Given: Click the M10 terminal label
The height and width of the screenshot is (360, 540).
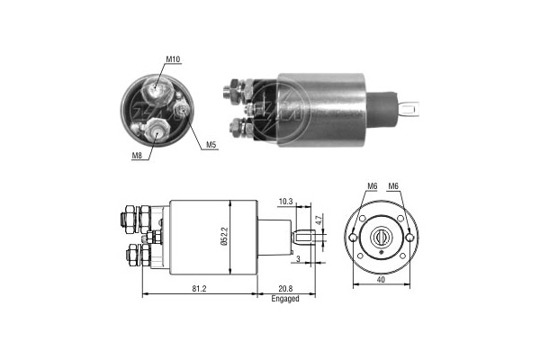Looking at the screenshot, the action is pyautogui.click(x=173, y=59).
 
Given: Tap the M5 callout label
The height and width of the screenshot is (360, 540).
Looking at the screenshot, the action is pyautogui.click(x=211, y=145).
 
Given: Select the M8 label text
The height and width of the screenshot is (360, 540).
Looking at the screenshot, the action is pyautogui.click(x=137, y=156).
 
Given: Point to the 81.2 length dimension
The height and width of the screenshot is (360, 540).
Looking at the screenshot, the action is pyautogui.click(x=199, y=289).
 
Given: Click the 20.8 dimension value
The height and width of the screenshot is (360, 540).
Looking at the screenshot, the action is pyautogui.click(x=285, y=289).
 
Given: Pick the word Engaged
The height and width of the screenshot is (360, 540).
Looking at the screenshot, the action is pyautogui.click(x=285, y=299).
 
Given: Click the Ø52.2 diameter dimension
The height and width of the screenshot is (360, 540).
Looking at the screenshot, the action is pyautogui.click(x=224, y=236).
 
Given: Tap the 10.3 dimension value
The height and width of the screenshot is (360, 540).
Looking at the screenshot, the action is pyautogui.click(x=285, y=202).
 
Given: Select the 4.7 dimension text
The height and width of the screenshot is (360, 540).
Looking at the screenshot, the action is pyautogui.click(x=319, y=220).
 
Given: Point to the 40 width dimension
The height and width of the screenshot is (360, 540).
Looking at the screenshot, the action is pyautogui.click(x=381, y=280).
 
